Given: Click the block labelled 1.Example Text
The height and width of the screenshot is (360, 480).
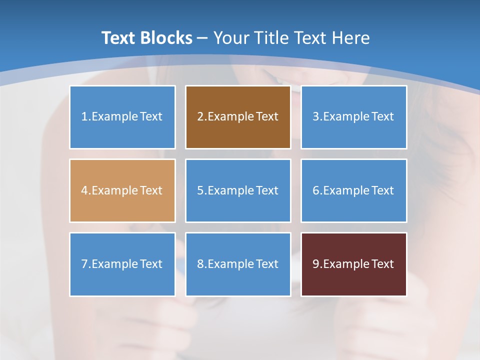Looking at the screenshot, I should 122,117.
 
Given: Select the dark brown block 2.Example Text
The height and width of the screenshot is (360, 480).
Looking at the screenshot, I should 238,117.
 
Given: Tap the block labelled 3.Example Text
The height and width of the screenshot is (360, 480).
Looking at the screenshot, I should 353,117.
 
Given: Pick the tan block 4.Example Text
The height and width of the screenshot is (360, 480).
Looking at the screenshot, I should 122,190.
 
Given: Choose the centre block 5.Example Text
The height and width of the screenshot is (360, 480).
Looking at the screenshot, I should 238,190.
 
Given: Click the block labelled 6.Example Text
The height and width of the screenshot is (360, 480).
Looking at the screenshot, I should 353,190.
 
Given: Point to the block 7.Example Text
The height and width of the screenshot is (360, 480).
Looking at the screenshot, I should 122,264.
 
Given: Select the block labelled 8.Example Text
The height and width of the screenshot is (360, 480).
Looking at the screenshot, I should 238,264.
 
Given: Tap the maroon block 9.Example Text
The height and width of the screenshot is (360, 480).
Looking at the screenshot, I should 353,264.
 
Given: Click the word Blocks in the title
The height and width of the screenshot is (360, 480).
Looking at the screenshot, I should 166,38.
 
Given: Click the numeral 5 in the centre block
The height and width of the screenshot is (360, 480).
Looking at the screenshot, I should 200,190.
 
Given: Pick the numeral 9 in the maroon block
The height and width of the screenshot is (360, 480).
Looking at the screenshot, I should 315,264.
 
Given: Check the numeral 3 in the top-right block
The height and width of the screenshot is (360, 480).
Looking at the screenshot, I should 315,117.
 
